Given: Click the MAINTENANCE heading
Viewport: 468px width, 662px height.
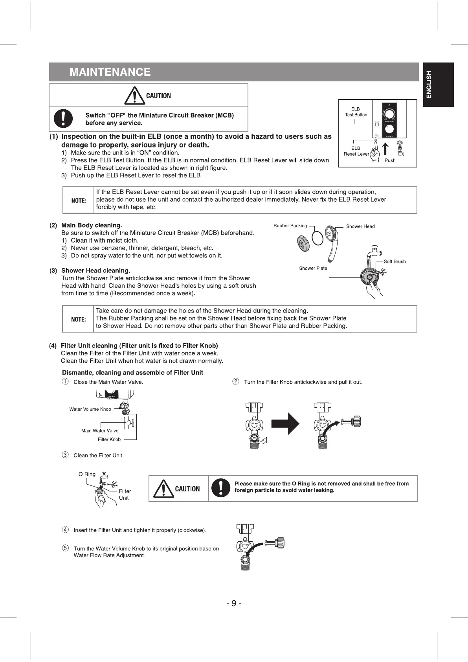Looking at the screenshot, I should (x=110, y=72).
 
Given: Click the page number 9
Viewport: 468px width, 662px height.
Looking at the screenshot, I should (x=234, y=603).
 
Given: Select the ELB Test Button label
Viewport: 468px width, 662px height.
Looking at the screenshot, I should (x=356, y=112).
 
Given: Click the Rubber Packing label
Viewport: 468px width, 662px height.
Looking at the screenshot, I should (x=290, y=226).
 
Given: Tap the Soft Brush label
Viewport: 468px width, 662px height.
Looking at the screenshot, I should (x=395, y=261).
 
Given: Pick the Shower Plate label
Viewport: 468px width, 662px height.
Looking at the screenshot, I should (x=313, y=268).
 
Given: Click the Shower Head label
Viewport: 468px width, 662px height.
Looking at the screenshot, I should (x=360, y=226).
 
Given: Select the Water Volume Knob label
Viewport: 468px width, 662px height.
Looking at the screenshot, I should (x=90, y=409).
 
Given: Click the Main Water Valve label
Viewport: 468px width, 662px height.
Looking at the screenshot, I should (x=100, y=431).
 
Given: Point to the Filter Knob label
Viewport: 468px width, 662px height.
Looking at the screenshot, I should (x=109, y=439).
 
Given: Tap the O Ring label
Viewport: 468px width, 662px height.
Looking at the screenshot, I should (x=87, y=474).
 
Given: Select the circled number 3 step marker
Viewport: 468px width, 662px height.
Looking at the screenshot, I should (x=65, y=455).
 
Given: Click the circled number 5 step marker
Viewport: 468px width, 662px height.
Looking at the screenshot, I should (x=65, y=548).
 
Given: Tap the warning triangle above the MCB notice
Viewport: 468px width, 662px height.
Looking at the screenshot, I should (x=134, y=96).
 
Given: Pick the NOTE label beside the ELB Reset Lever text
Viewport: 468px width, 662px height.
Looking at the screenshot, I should (x=79, y=200).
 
